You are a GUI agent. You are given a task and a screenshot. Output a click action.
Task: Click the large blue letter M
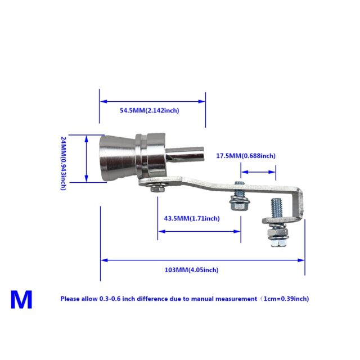pos(21,300)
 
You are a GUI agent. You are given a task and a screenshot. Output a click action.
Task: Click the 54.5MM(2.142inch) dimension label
pos(149,111)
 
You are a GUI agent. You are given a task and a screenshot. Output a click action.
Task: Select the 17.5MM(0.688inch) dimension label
pos(246,156)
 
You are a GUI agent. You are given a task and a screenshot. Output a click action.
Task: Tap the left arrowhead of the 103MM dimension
pos(103,260)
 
